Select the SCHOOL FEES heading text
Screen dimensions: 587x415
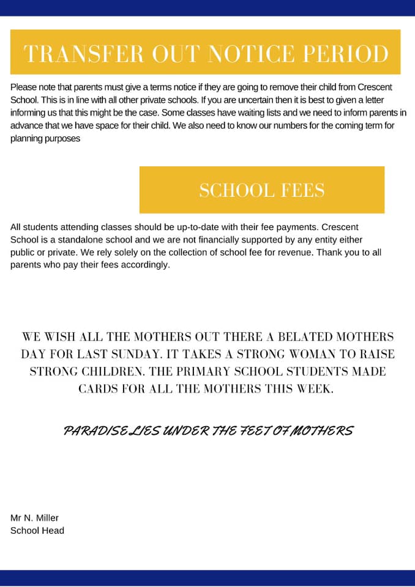[262, 190]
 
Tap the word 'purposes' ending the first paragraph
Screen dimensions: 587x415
[61, 138]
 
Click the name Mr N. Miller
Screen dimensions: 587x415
[34, 518]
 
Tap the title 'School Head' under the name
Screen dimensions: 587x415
[37, 530]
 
